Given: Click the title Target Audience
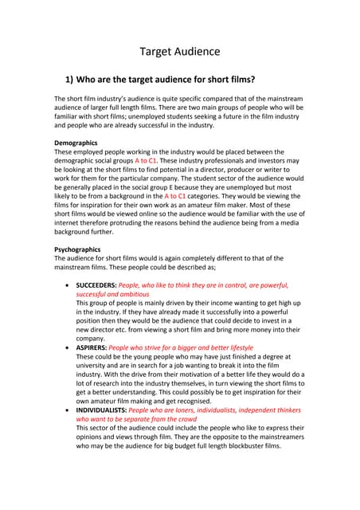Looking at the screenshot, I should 179,52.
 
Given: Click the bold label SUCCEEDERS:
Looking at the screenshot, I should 99,284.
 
